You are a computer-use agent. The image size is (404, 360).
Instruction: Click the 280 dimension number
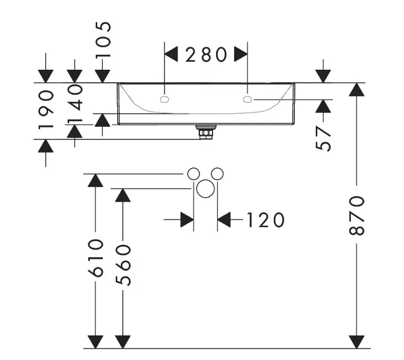[206, 55]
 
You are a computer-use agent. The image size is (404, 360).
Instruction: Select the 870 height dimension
[357, 215]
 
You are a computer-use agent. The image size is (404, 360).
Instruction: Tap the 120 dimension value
[265, 220]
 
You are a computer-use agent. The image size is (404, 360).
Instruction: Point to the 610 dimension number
[95, 258]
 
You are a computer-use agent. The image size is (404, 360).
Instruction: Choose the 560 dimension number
[123, 265]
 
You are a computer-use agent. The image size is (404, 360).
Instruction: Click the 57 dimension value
[323, 138]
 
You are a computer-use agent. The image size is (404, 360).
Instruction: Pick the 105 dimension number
[103, 40]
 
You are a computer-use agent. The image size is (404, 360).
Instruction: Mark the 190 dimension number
[46, 110]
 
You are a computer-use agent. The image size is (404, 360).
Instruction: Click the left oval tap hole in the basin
[165, 99]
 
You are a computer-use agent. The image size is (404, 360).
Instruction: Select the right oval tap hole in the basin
[247, 99]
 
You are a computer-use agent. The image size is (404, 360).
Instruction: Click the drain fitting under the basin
[206, 132]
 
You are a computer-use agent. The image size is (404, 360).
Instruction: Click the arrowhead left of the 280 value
[171, 54]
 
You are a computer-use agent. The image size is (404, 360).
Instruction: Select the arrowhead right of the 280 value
[241, 54]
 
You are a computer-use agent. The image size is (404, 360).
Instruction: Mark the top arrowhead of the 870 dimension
[357, 89]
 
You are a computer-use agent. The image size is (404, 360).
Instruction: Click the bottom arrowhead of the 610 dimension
[95, 342]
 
